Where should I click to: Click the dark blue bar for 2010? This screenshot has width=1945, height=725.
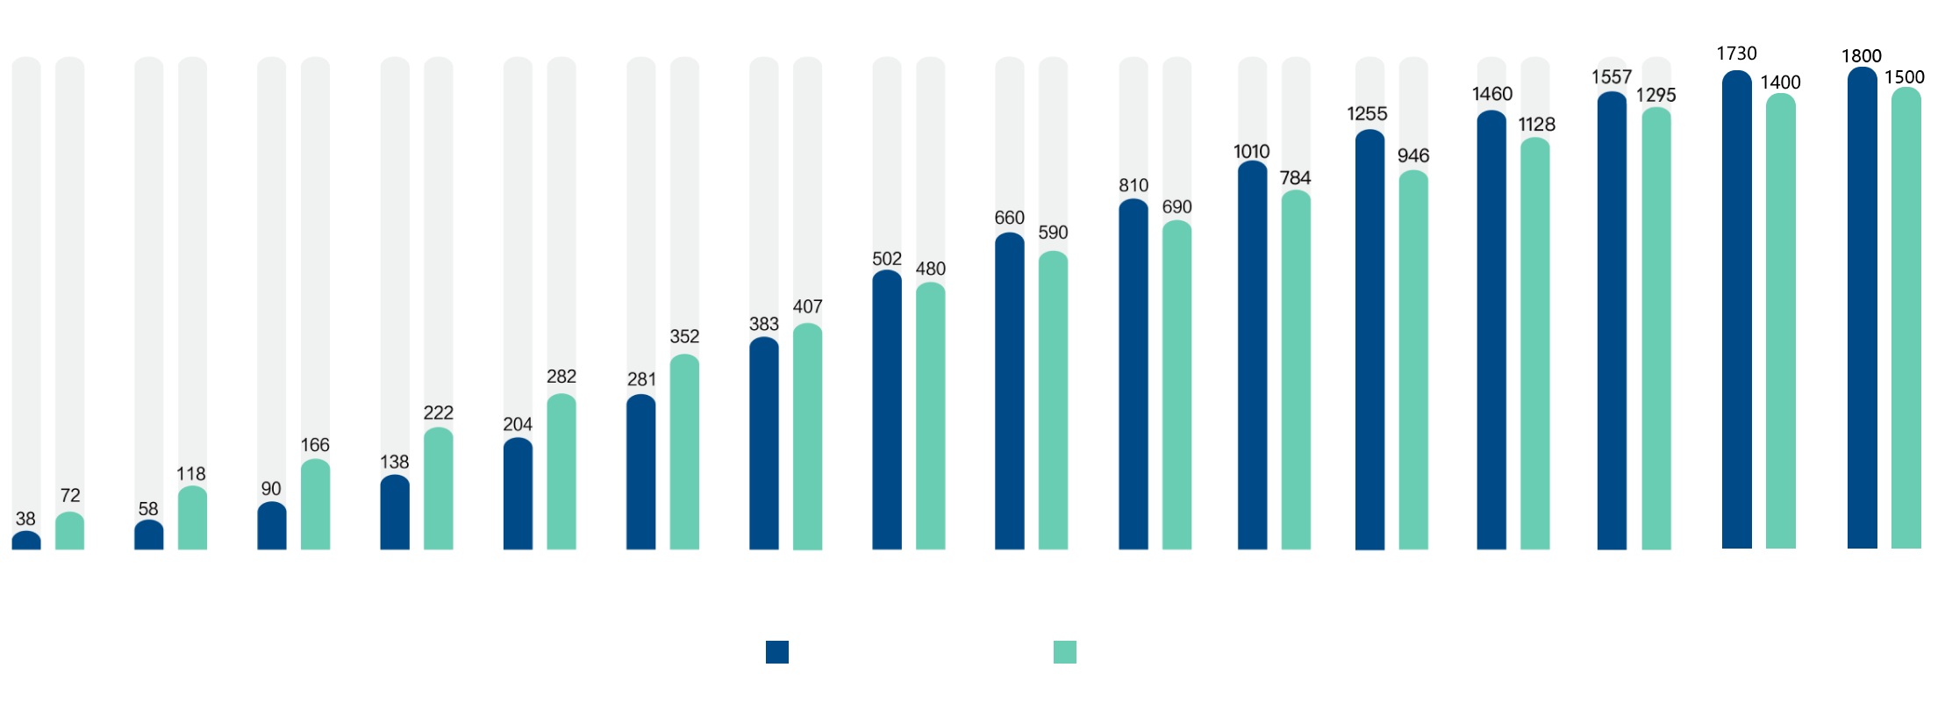pos(25,541)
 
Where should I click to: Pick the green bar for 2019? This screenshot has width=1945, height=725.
pos(1176,385)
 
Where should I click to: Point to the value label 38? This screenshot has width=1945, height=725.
pos(25,519)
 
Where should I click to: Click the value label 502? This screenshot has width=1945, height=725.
pos(887,259)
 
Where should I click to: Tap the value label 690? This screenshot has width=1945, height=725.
pos(1176,207)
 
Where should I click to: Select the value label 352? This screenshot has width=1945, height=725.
pos(684,336)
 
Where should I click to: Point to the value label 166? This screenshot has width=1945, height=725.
pos(315,445)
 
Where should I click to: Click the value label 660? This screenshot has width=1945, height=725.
pos(1009,218)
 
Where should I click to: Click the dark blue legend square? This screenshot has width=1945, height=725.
pos(776,652)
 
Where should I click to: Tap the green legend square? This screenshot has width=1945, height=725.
pos(1064,652)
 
